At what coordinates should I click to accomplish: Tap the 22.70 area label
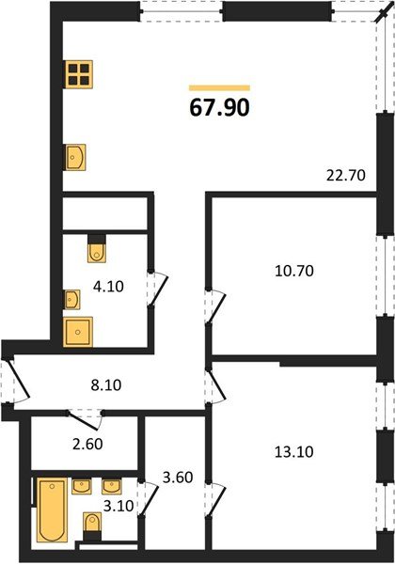pyautogui.click(x=344, y=172)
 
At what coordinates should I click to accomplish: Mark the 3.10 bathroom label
pyautogui.click(x=118, y=506)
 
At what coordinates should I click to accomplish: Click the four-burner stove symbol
pyautogui.click(x=78, y=74)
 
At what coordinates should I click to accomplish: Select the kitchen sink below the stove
pyautogui.click(x=76, y=157)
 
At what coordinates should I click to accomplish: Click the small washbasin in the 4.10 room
pyautogui.click(x=71, y=300)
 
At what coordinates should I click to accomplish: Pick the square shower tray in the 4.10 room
pyautogui.click(x=78, y=332)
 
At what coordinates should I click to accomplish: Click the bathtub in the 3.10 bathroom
pyautogui.click(x=50, y=511)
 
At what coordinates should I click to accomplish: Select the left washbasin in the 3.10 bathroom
pyautogui.click(x=82, y=487)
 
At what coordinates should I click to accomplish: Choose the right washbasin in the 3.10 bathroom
pyautogui.click(x=113, y=487)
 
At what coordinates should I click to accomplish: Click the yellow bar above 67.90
pyautogui.click(x=219, y=87)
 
